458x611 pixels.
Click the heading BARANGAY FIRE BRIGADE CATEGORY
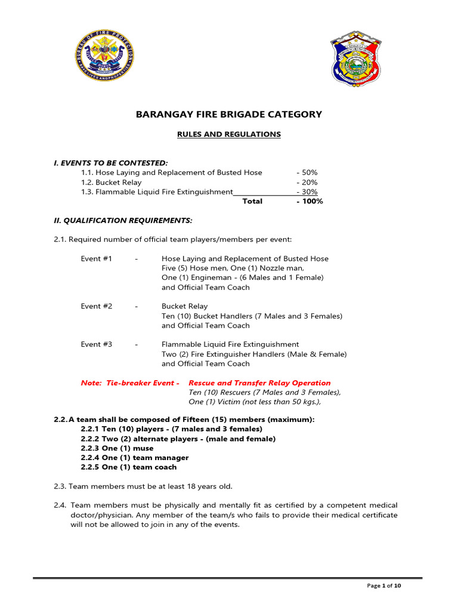[229, 115]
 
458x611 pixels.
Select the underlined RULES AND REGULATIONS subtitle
[229, 134]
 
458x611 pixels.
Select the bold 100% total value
[309, 201]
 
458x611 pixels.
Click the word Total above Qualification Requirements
[252, 201]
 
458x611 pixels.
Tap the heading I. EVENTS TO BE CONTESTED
[111, 163]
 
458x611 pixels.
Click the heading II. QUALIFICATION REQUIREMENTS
[123, 220]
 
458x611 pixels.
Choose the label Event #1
[97, 258]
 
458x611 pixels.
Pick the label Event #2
[97, 306]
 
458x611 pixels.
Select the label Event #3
[97, 344]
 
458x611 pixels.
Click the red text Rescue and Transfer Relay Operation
[259, 382]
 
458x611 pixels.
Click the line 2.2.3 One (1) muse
[117, 448]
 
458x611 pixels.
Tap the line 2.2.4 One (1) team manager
[134, 458]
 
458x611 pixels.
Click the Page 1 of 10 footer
[383, 586]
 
